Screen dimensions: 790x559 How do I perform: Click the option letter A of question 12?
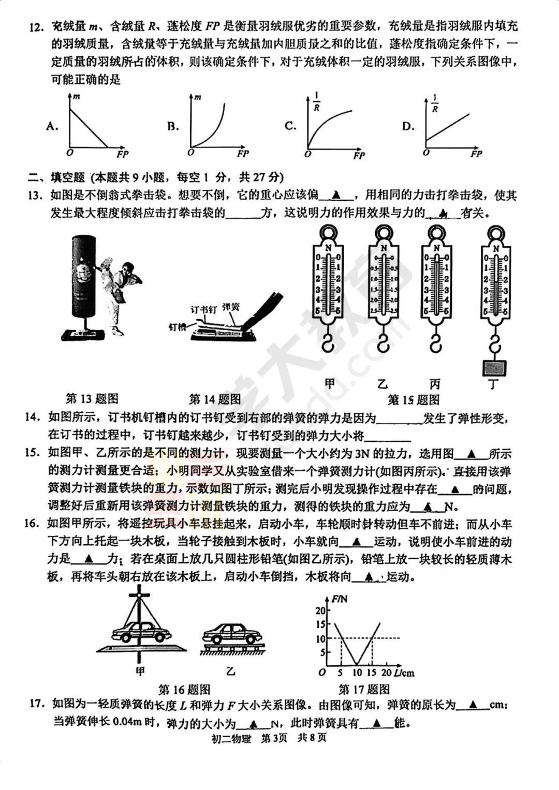tap(52, 126)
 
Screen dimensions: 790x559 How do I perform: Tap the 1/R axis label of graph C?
tap(317, 102)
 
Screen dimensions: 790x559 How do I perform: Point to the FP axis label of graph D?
tap(476, 154)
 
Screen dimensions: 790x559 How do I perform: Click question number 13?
tap(34, 196)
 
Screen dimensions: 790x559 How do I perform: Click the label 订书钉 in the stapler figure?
tap(203, 309)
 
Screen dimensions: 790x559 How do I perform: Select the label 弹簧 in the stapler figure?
tap(231, 307)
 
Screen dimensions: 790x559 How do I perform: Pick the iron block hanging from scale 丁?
tap(494, 368)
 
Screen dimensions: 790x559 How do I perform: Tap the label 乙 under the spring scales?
tap(383, 384)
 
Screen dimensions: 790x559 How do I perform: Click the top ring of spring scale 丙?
tap(437, 233)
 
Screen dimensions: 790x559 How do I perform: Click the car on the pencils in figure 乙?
tap(232, 634)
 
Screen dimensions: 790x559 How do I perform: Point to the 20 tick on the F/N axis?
tap(320, 610)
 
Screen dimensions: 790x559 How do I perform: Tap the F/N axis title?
tap(340, 599)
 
